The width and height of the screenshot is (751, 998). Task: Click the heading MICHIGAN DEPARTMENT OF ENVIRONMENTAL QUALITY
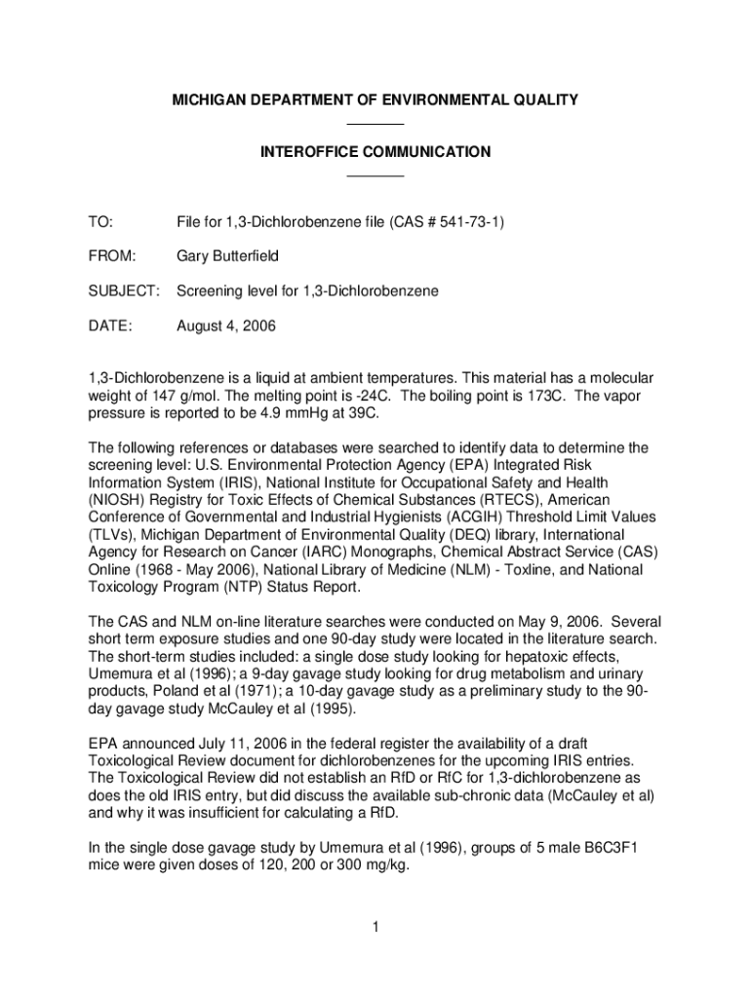375,100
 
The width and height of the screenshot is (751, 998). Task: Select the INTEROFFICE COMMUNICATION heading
375,152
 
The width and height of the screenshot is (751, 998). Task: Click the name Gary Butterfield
227,257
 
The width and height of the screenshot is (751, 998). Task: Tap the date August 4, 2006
226,326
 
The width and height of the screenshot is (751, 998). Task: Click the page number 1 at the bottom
375,927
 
